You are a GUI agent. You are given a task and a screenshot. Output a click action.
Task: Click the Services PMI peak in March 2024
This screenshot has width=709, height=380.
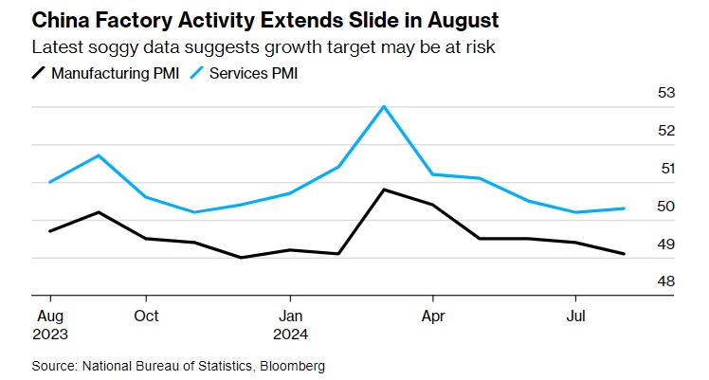(x=384, y=106)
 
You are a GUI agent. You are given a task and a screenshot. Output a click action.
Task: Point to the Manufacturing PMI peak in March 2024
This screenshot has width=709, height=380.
(x=384, y=190)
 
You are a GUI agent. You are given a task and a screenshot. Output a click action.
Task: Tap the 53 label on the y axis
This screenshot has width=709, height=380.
(x=665, y=93)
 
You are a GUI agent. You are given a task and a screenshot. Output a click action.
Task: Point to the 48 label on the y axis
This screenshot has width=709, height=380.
(x=665, y=282)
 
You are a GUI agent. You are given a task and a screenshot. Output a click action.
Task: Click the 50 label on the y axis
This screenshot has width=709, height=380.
(x=665, y=207)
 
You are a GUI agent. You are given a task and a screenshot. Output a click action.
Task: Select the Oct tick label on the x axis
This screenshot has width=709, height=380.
(x=146, y=315)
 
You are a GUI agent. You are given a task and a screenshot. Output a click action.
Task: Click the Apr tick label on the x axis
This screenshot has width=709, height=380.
(x=433, y=315)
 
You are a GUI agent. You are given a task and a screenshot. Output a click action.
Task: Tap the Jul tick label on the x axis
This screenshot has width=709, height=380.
(x=575, y=315)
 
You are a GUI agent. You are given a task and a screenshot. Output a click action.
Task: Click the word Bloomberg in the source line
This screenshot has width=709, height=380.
(x=289, y=365)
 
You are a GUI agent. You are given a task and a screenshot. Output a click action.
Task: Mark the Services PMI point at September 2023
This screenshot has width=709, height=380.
(x=98, y=155)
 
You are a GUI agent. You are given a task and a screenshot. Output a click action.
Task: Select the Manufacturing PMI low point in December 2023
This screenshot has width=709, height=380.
(x=241, y=258)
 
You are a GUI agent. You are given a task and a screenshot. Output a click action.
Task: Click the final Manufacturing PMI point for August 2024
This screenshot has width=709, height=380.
(x=624, y=254)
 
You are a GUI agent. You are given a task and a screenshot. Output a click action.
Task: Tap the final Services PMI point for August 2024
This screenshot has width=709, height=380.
(x=624, y=208)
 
